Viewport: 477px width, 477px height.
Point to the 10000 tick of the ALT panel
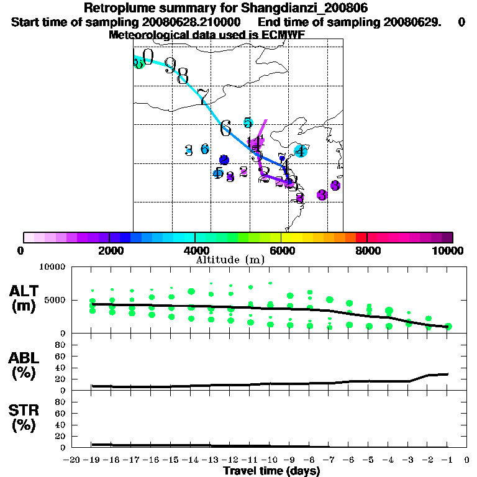tap(53, 268)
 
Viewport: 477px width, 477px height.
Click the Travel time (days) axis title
tap(271, 471)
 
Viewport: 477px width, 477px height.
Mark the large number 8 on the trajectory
tap(182, 77)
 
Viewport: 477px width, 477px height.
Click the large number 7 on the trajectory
tap(202, 98)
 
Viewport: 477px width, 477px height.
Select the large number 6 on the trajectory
tap(225, 129)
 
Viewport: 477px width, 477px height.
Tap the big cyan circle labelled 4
tap(301, 151)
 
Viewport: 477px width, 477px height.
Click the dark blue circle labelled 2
tap(224, 160)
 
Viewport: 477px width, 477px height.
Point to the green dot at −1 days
tap(448, 326)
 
